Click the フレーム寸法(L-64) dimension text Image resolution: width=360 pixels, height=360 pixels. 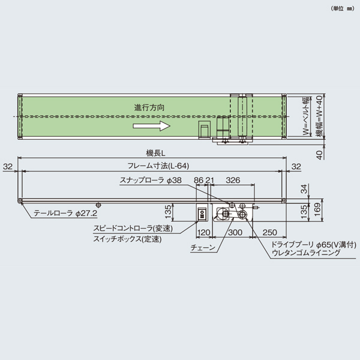(154, 166)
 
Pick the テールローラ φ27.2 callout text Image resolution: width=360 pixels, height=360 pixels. (65, 212)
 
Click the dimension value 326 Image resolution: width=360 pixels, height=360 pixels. (235, 179)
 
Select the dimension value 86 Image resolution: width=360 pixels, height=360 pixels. (199, 179)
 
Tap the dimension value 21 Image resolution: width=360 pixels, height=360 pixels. (210, 179)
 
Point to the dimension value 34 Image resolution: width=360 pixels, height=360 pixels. (305, 188)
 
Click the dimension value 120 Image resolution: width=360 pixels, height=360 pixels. (204, 232)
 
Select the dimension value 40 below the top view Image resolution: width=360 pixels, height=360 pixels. (319, 154)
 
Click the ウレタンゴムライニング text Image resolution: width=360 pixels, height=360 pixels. (305, 254)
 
